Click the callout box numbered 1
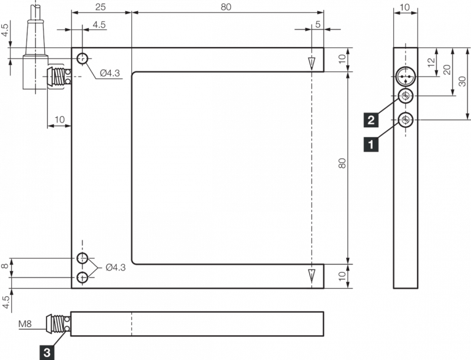click(371, 144)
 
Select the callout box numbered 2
click(371, 120)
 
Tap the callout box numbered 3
click(47, 352)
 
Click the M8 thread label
click(25, 323)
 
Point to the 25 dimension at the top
click(100, 7)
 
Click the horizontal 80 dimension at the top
click(226, 7)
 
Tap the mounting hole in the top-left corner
click(82, 58)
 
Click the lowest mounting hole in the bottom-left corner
click(82, 278)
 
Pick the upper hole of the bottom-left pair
click(82, 258)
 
